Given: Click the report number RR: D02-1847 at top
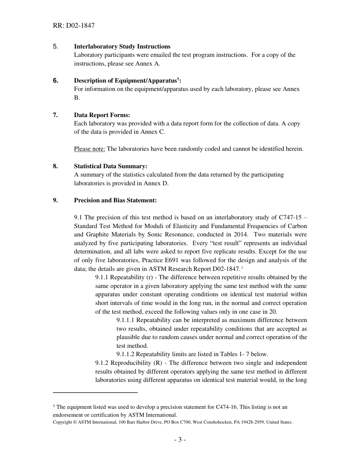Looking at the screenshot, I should (x=74, y=26).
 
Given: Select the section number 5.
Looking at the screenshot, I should (x=55, y=47).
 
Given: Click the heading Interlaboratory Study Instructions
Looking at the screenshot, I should (x=122, y=47).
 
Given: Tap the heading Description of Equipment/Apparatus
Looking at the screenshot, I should (x=125, y=81).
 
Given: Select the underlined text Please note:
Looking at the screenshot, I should (x=89, y=149).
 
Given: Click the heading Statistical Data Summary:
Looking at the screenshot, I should (x=110, y=166).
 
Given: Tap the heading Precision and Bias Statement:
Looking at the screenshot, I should (x=115, y=200).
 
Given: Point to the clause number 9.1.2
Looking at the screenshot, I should (x=102, y=363).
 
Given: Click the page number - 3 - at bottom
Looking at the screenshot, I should (x=180, y=439).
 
